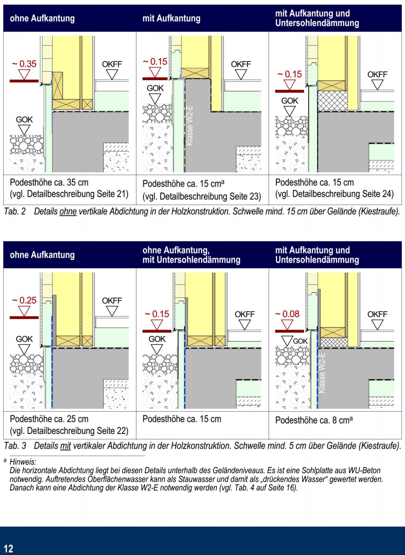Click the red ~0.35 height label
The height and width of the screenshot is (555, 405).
point(24,64)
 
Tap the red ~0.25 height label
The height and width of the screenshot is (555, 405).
point(24,301)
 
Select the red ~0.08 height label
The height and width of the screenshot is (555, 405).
point(287,314)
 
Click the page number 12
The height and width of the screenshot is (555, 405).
point(8,548)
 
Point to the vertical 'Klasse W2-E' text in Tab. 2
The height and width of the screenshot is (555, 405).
point(190,125)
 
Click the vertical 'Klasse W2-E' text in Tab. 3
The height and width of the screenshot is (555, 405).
point(322,373)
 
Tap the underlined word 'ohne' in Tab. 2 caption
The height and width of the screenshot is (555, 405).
point(68,211)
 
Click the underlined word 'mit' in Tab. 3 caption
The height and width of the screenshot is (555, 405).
point(66,446)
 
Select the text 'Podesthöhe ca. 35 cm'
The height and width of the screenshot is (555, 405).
point(49,182)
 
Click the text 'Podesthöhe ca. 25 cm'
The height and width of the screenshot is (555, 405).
point(49,419)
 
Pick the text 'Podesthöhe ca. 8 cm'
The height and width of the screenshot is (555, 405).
point(312,420)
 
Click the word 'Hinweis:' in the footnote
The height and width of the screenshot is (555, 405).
point(23,462)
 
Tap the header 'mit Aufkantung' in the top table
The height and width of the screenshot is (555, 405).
point(171,18)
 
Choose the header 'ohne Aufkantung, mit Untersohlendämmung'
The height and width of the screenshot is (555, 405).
point(191,255)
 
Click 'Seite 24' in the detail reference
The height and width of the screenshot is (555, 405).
point(379,194)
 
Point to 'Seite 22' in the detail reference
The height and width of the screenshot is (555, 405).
point(113,430)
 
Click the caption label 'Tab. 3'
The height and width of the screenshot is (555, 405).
point(15,446)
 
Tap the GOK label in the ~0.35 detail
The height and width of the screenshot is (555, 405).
point(24,120)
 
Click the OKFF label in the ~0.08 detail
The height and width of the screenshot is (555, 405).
point(377,314)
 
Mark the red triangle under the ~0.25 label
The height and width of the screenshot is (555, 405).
point(24,311)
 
